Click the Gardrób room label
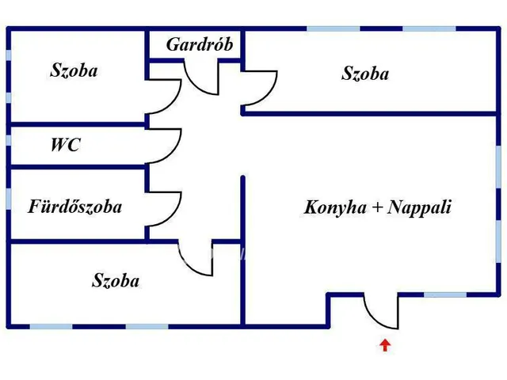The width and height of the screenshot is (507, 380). (x=199, y=44)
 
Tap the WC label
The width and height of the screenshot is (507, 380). (x=65, y=146)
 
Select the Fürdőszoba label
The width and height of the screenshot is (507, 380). (x=75, y=207)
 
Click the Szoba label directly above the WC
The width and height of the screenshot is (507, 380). (x=74, y=70)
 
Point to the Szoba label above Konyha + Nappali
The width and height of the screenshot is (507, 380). (x=365, y=74)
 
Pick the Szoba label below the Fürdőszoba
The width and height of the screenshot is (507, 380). (x=116, y=280)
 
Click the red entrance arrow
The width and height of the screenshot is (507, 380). (x=385, y=344)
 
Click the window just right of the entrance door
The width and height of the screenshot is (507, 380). (x=444, y=294)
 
